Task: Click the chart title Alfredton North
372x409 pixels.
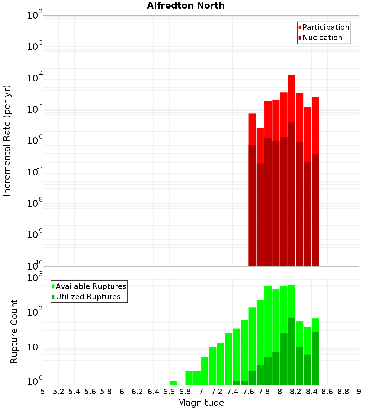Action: point(186,6)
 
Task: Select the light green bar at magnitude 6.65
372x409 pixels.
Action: point(173,383)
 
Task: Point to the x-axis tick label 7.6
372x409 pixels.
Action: point(248,392)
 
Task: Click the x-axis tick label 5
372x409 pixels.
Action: point(43,392)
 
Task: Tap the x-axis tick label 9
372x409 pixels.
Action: point(359,392)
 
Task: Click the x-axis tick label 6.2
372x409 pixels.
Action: point(138,392)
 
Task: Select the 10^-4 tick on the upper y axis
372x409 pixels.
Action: point(35,78)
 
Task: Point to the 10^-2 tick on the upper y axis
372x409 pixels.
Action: point(35,16)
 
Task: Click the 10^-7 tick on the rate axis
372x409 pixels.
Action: point(35,172)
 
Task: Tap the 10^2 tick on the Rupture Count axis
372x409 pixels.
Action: point(35,312)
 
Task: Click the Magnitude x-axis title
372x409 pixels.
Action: point(201,403)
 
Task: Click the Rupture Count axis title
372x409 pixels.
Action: point(14,331)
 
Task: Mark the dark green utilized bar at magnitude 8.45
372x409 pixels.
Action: point(315,359)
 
